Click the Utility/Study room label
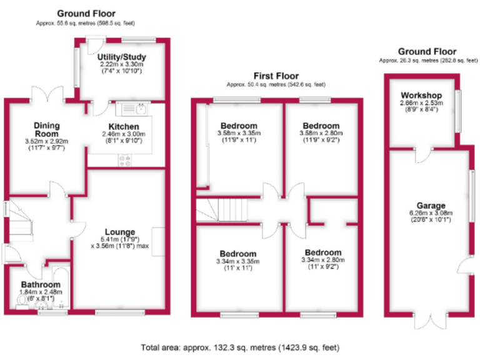(x=122, y=57)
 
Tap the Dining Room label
(x=47, y=129)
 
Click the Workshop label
(x=417, y=95)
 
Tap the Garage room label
(x=431, y=205)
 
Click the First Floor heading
(x=276, y=76)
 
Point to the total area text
(x=241, y=347)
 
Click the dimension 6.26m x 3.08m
(x=431, y=212)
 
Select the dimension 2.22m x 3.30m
(x=122, y=64)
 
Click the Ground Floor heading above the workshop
(x=427, y=52)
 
